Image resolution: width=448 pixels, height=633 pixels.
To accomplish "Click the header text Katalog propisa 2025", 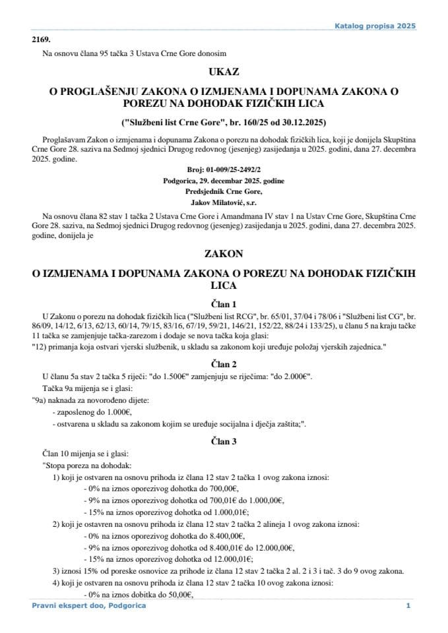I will [375, 26].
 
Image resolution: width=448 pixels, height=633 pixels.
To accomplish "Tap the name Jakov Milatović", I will [224, 201].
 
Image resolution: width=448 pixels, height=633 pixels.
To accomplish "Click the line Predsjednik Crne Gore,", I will [224, 191].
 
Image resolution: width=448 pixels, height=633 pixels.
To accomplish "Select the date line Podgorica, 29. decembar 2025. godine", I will [224, 180].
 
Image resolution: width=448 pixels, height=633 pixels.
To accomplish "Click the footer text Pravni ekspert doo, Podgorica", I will [88, 606].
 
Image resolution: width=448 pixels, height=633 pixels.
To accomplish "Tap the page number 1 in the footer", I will [408, 606].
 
